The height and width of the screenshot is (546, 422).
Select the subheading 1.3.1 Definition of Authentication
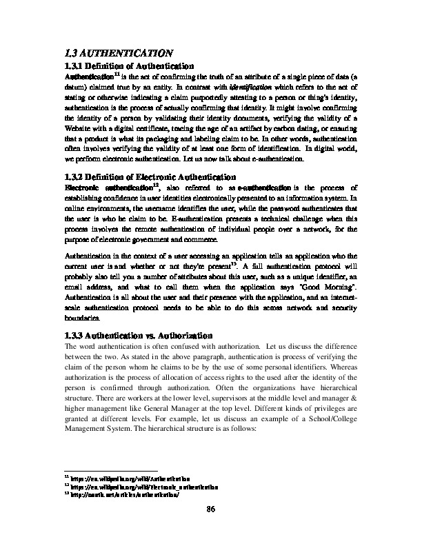(128, 65)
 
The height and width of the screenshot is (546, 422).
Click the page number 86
(212, 509)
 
